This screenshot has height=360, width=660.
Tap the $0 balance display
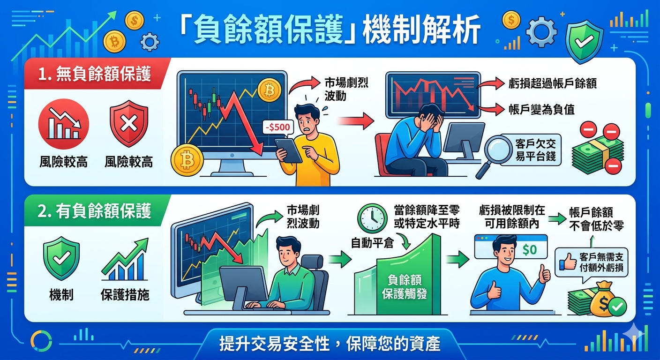530,250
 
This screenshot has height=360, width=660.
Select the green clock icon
372,218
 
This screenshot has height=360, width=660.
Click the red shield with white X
128,123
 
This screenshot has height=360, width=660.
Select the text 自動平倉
372,243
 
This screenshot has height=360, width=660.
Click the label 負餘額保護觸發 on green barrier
404,287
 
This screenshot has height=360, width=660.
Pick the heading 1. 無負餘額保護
95,74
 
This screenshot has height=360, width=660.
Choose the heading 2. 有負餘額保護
94,211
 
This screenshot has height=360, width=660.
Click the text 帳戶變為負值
541,110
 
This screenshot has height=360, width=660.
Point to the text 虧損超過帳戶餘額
553,83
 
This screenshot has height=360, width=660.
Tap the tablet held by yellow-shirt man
288,150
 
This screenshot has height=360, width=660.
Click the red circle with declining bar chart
63,124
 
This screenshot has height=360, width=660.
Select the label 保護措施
125,294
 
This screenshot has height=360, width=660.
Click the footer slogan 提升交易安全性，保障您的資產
330,344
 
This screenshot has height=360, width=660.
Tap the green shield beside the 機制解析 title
584,41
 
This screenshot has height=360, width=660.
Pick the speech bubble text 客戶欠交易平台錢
535,150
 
